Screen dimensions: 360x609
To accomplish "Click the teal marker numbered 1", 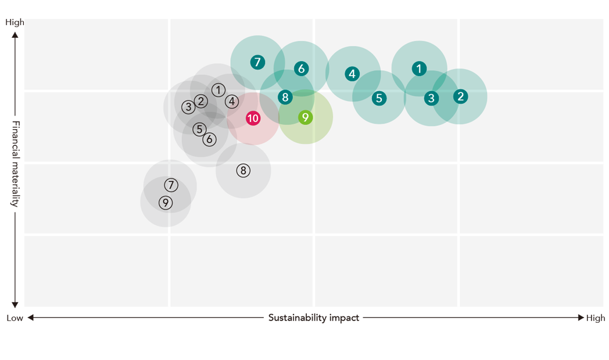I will tap(419, 69).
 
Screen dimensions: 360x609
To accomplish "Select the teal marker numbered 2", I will tap(460, 96).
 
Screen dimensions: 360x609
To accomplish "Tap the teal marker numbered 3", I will tap(431, 98).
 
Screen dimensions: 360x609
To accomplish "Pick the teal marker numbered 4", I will tap(352, 74).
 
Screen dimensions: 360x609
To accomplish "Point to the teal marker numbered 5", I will tap(379, 98).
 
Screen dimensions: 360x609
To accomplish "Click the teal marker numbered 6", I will tap(301, 69).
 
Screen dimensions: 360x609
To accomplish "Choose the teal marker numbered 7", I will tap(257, 62).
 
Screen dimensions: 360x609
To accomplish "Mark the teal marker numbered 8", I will tap(285, 97).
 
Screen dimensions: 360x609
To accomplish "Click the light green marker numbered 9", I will tap(305, 117).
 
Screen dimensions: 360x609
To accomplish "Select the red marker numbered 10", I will tap(253, 118).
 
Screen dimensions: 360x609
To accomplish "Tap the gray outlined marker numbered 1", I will tap(218, 90).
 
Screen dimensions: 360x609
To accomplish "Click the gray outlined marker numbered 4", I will tap(232, 102).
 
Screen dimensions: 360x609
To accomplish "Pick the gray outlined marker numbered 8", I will tap(243, 171).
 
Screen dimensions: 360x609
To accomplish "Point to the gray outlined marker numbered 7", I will tap(170, 185).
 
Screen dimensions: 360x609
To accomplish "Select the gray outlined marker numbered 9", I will tap(166, 203).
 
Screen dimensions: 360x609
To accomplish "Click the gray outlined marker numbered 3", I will tap(188, 107).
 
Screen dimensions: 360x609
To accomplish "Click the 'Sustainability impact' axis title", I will tap(314, 318).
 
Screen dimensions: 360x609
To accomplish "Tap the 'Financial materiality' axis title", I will tap(16, 164).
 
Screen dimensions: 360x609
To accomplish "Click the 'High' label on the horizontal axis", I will tap(596, 318).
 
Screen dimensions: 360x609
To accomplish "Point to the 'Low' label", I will tap(15, 318).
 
